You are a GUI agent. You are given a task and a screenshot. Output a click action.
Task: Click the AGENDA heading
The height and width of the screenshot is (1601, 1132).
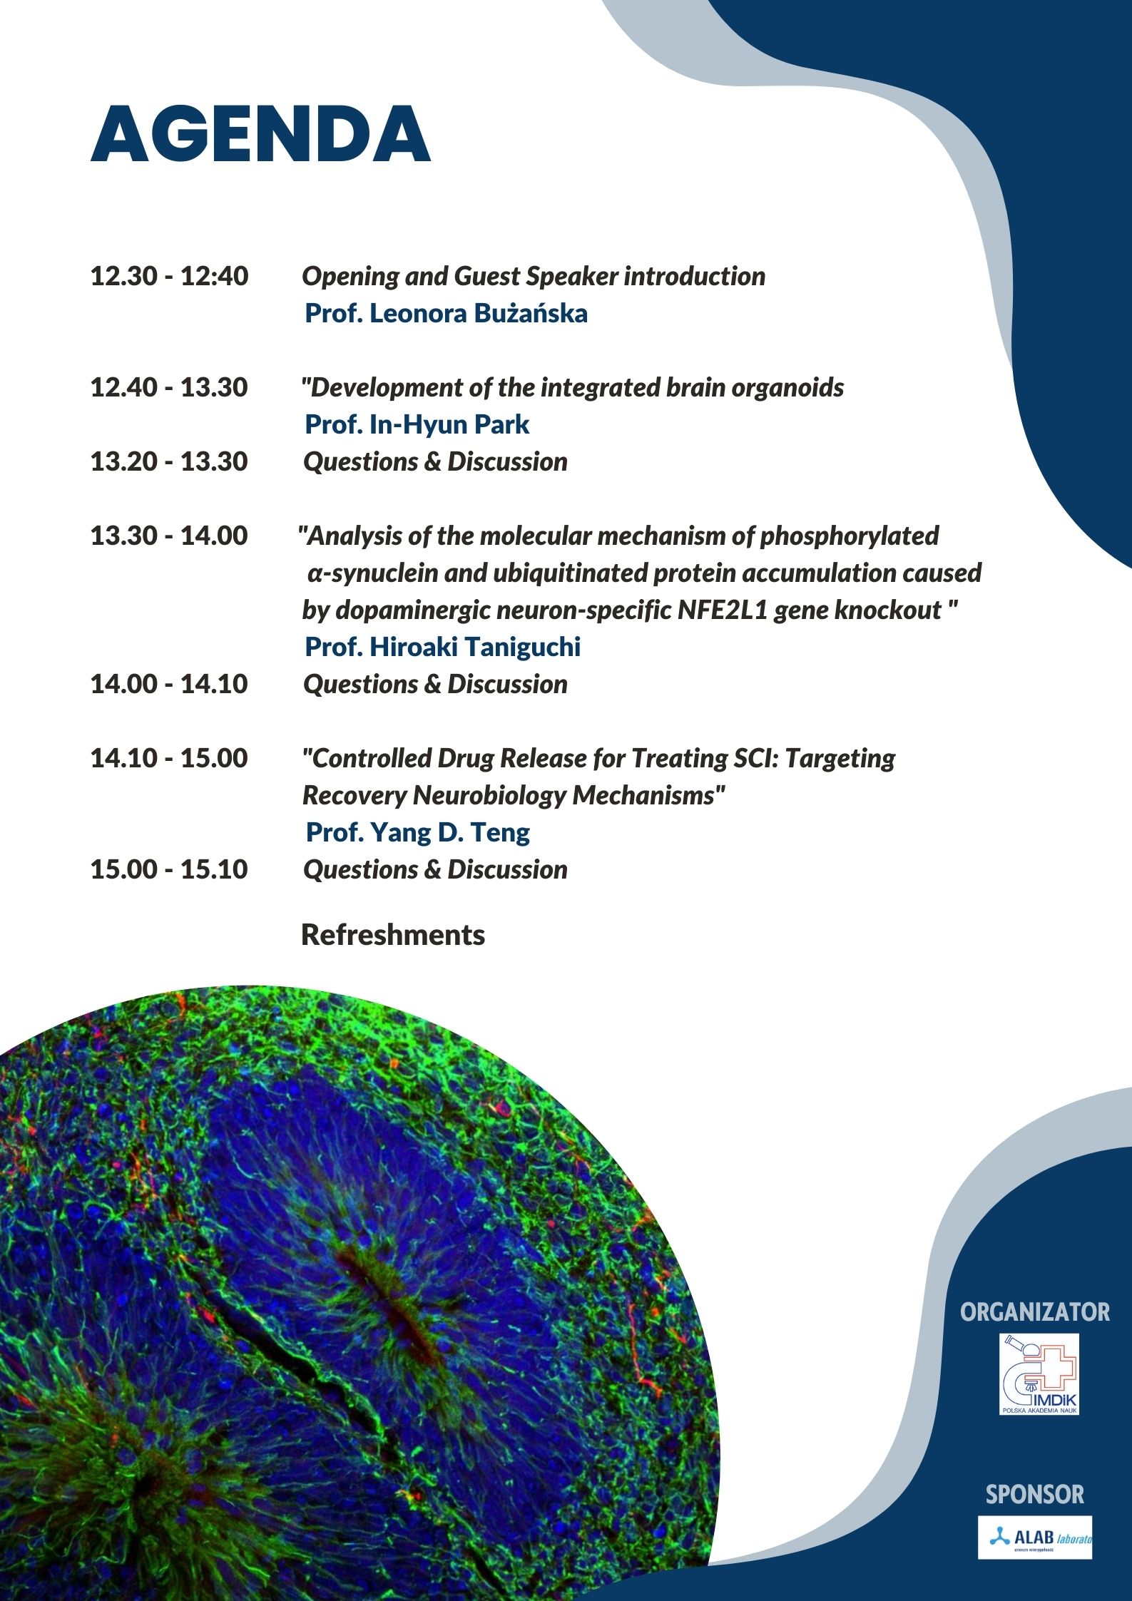(x=260, y=135)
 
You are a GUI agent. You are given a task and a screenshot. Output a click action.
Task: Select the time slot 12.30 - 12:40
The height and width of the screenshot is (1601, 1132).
(x=169, y=276)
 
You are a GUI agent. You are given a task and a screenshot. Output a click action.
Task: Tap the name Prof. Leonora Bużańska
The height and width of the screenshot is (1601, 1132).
(x=446, y=313)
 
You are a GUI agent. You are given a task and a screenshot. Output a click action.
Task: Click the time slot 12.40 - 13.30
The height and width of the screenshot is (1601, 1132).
(x=169, y=387)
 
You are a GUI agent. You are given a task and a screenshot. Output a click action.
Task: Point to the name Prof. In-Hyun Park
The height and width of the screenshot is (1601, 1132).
(x=417, y=424)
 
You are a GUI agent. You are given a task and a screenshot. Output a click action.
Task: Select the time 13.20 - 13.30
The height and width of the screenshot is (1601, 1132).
(x=169, y=461)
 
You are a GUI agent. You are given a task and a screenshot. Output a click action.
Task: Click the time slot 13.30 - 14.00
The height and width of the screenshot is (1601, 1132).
(x=169, y=536)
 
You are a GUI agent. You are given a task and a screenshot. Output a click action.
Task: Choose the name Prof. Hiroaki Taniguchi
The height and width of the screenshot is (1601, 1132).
(x=442, y=647)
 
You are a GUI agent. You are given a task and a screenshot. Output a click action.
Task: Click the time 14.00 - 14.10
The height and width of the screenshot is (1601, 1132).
(x=169, y=684)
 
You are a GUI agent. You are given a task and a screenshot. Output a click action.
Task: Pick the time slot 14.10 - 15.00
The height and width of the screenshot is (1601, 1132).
(x=169, y=758)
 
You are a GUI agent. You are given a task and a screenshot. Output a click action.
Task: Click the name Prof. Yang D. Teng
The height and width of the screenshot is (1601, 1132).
(x=417, y=832)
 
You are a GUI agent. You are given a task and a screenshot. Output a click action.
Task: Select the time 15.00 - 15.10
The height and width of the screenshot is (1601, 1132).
(x=169, y=869)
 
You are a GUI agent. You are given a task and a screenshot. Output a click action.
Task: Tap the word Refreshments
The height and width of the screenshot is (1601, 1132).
(x=392, y=935)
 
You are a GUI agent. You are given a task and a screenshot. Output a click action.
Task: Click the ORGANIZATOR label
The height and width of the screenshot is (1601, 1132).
(x=1034, y=1311)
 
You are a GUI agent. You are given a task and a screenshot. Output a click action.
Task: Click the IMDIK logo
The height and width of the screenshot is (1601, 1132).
(x=1039, y=1374)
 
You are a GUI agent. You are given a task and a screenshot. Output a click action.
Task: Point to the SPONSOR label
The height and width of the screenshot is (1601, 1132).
(x=1034, y=1494)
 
